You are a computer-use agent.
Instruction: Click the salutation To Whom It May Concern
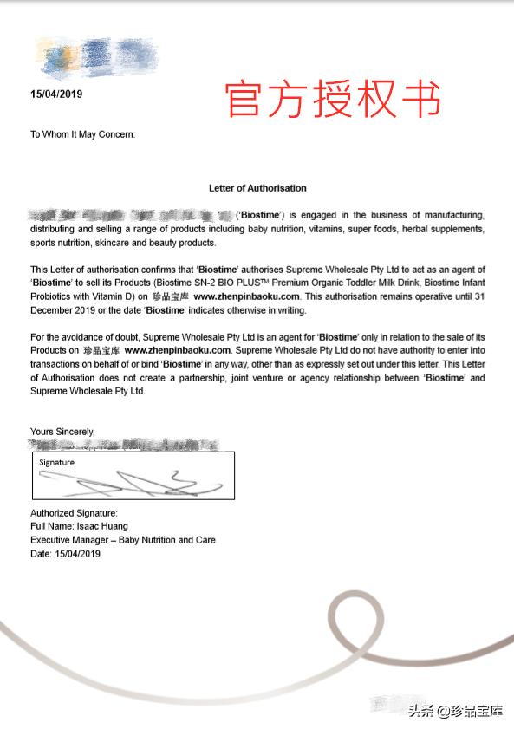click(82, 134)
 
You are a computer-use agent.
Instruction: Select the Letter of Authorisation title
click(257, 187)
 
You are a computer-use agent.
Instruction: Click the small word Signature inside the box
click(56, 463)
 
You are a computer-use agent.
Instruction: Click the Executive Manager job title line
click(123, 540)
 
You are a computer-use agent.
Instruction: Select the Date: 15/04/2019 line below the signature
click(66, 554)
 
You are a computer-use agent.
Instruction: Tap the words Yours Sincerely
click(62, 431)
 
